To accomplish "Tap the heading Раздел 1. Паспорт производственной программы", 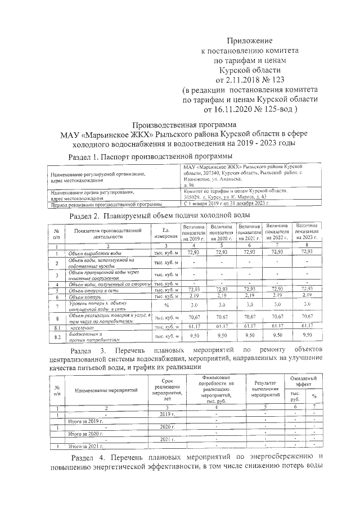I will point(150,156).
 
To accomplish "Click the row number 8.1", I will point(56,326).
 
